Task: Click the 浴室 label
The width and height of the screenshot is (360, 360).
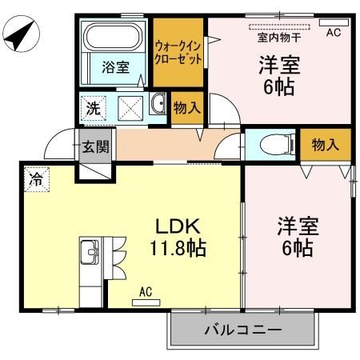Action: tap(114, 67)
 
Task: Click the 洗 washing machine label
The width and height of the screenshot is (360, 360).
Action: tap(94, 108)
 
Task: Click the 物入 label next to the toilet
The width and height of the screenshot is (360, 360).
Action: tap(326, 145)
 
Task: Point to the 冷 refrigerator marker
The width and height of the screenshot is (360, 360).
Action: tap(35, 178)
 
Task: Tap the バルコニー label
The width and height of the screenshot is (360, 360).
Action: tap(242, 330)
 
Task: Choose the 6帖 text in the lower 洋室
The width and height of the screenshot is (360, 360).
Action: tap(298, 248)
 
